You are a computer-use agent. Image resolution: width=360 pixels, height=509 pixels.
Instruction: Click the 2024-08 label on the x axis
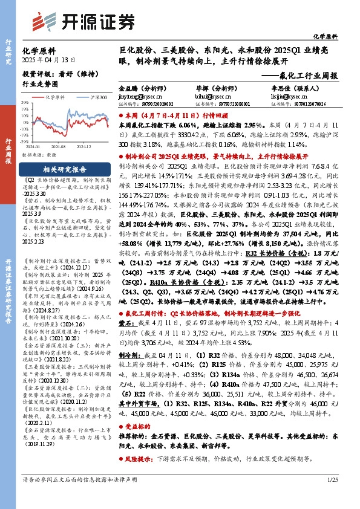58,146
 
